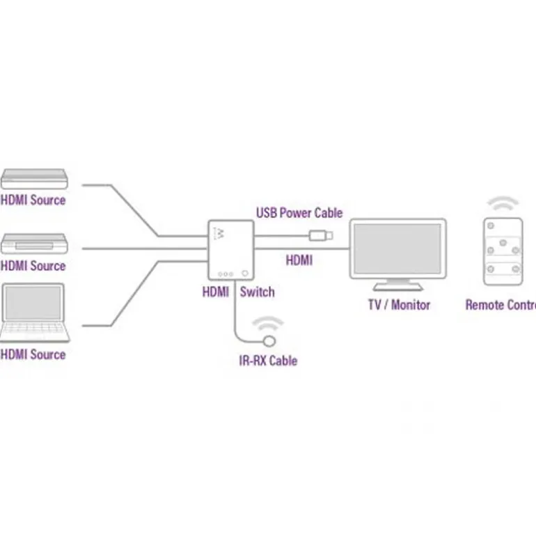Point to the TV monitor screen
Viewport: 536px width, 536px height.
tap(396, 246)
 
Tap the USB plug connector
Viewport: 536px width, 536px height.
tap(322, 235)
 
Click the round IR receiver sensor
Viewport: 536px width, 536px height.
tap(269, 341)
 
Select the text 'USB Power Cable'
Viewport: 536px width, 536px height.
tap(299, 212)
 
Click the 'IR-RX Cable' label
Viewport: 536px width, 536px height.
tap(268, 361)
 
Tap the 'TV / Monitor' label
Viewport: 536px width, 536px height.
tap(399, 305)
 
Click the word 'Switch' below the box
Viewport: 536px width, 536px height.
tap(257, 292)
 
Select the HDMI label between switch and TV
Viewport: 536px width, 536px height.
tap(299, 261)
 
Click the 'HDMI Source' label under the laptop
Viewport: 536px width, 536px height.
tap(33, 354)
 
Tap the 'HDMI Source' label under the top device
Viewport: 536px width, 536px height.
tap(33, 200)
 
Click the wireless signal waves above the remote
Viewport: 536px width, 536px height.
tap(503, 204)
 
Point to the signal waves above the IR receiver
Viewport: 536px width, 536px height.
tap(268, 324)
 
